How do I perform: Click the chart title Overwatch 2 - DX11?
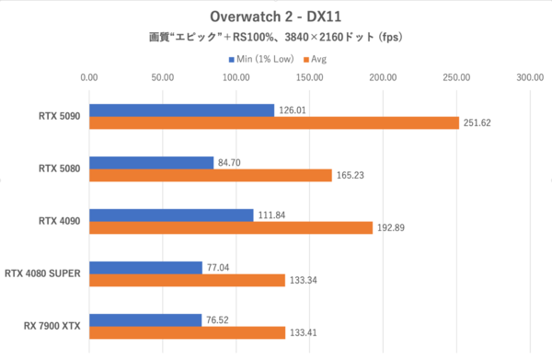pos(276,17)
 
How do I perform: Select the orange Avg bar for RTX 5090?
pos(274,122)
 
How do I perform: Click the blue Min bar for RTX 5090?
pos(181,110)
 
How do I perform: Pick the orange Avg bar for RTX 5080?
pos(211,175)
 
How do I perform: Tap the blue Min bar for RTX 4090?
pos(171,215)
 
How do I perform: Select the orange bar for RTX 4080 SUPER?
pos(187,280)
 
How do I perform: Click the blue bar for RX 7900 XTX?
pos(145,320)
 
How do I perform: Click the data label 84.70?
pos(233,163)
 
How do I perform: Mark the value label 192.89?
pos(393,228)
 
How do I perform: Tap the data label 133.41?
pos(305,333)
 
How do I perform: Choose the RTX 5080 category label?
pos(60,168)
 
